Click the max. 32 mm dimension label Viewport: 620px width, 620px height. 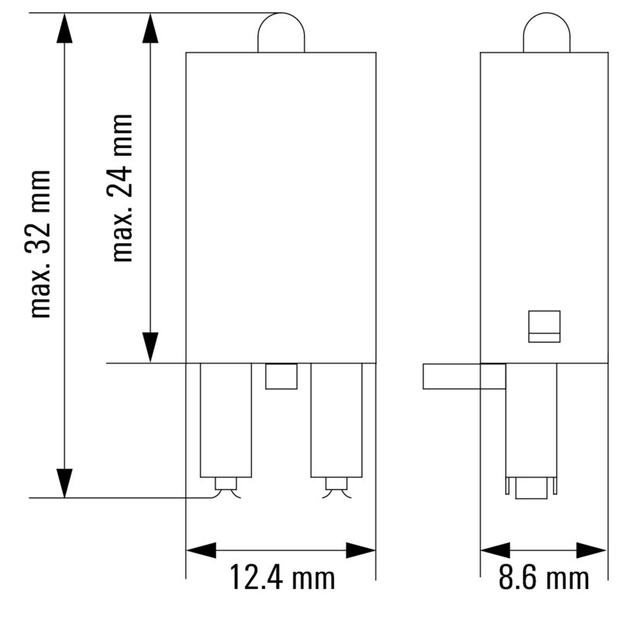coord(41,243)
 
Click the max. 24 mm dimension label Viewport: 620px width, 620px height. coord(122,188)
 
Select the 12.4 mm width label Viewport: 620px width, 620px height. coord(281,578)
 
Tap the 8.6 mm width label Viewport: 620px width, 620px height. coord(543,578)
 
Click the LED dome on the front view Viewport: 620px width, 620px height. coord(281,33)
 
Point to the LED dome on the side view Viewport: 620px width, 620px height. coord(546,33)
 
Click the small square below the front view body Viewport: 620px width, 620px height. coord(281,377)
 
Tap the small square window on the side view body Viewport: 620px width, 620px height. coord(544,326)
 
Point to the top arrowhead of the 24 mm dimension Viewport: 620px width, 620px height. coord(150,28)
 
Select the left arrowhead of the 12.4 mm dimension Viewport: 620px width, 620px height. coord(201,550)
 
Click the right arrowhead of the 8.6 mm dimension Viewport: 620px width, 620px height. coord(594,550)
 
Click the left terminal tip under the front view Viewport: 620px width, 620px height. coord(226,486)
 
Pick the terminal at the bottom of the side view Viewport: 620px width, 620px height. coord(531,487)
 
